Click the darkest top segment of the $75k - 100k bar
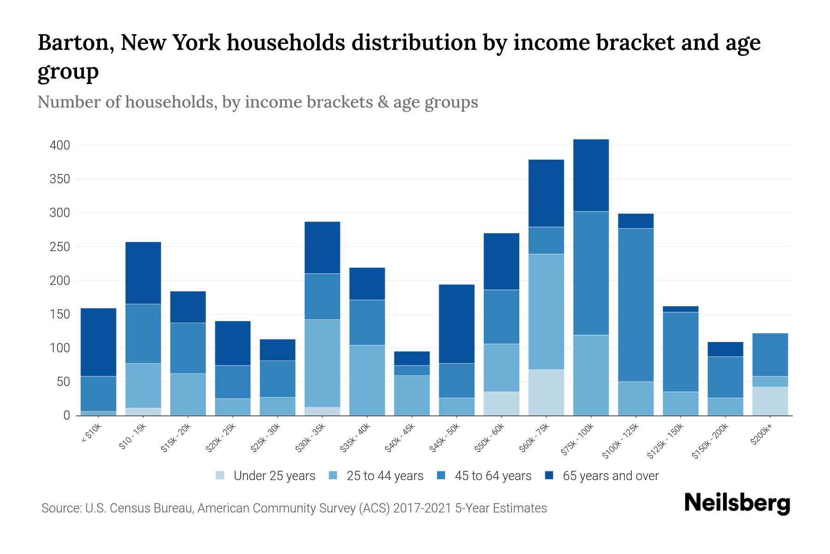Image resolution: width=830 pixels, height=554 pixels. click(x=591, y=175)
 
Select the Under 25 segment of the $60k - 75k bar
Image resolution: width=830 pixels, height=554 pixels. click(x=546, y=392)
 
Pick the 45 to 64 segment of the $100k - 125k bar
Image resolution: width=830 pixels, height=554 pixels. click(x=635, y=305)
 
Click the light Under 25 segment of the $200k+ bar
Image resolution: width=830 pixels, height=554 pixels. click(x=770, y=401)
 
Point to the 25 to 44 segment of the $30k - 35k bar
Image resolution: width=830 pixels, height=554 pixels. click(x=322, y=363)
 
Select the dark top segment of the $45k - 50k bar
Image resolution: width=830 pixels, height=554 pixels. click(x=456, y=324)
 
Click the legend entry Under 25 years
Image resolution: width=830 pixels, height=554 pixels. click(x=274, y=476)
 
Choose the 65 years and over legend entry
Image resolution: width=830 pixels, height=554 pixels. click(x=611, y=476)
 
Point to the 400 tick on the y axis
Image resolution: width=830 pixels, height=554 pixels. click(x=59, y=145)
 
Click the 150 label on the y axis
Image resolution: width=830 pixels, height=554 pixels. click(x=59, y=314)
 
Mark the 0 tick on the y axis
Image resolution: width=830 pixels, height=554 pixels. click(x=66, y=415)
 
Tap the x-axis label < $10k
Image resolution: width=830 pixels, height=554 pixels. click(x=91, y=434)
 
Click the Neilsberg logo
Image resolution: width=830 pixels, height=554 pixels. click(x=737, y=503)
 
